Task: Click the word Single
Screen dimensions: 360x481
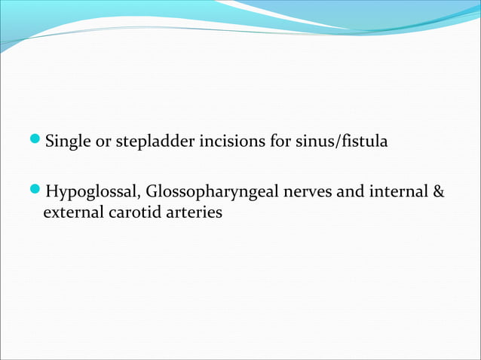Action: [x=68, y=141]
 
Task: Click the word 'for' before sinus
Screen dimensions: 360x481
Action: [x=274, y=141]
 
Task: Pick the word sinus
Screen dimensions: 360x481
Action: [x=310, y=141]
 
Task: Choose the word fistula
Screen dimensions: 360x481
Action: [x=361, y=141]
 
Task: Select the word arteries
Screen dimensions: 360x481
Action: [x=193, y=213]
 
